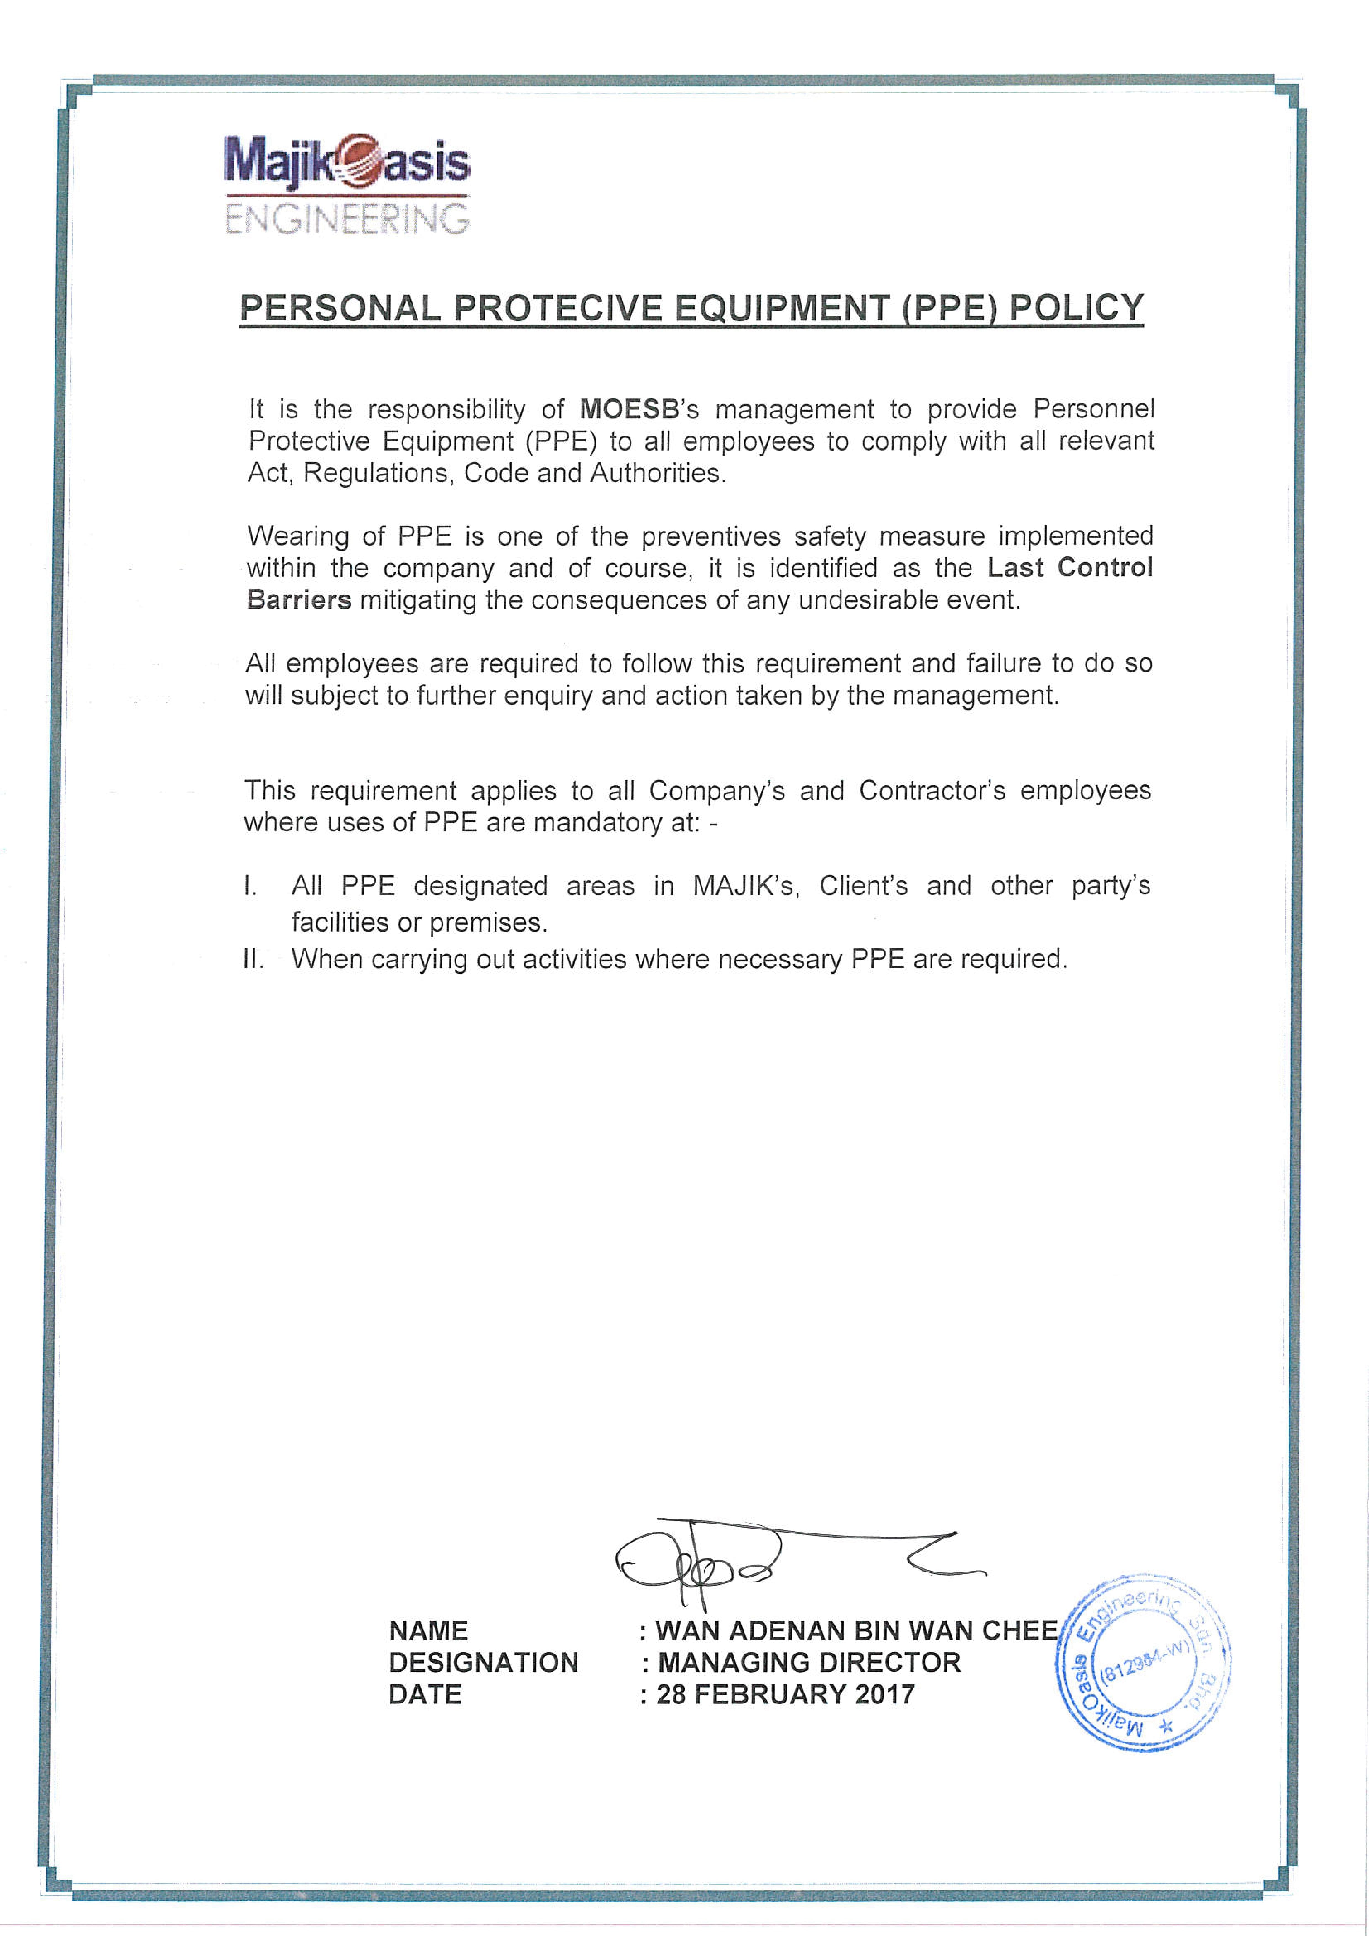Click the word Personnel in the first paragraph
(1093, 409)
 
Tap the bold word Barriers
(298, 599)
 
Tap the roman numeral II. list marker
(253, 959)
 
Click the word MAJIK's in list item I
(744, 886)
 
